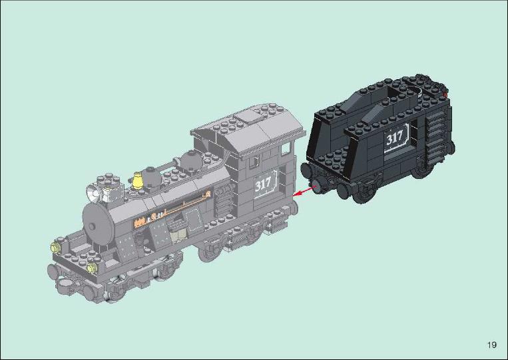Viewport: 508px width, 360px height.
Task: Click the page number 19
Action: pyautogui.click(x=491, y=345)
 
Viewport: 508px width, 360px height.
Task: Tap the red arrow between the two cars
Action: pyautogui.click(x=304, y=192)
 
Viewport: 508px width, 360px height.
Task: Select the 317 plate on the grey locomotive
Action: pyautogui.click(x=266, y=184)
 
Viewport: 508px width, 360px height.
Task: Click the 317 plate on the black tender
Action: pyautogui.click(x=396, y=138)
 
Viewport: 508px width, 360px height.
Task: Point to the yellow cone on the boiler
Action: pyautogui.click(x=138, y=180)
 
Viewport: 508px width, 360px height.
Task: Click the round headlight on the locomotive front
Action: pyautogui.click(x=93, y=193)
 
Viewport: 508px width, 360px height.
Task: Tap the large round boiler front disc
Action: pyautogui.click(x=98, y=223)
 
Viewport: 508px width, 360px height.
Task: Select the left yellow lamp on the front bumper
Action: pyautogui.click(x=56, y=248)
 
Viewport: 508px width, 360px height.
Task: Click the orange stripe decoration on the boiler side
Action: pyautogui.click(x=172, y=208)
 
